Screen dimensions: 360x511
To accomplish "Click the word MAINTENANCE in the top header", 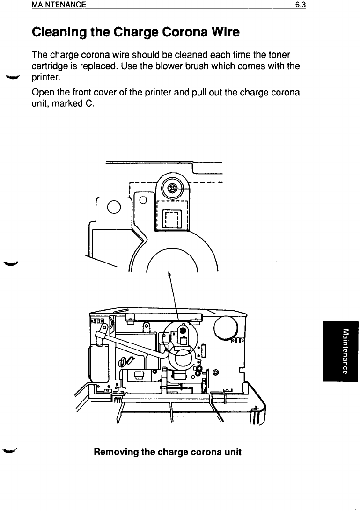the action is (x=59, y=5).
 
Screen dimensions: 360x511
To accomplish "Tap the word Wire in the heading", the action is (x=221, y=33).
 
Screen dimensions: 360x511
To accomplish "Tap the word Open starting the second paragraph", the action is (x=42, y=93).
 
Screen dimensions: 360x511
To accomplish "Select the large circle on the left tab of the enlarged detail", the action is (x=114, y=206).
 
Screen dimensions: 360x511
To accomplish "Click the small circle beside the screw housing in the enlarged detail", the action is (x=144, y=201).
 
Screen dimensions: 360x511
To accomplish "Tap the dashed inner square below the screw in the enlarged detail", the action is (x=171, y=219).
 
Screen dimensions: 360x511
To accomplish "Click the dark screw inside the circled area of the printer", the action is (x=182, y=329).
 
